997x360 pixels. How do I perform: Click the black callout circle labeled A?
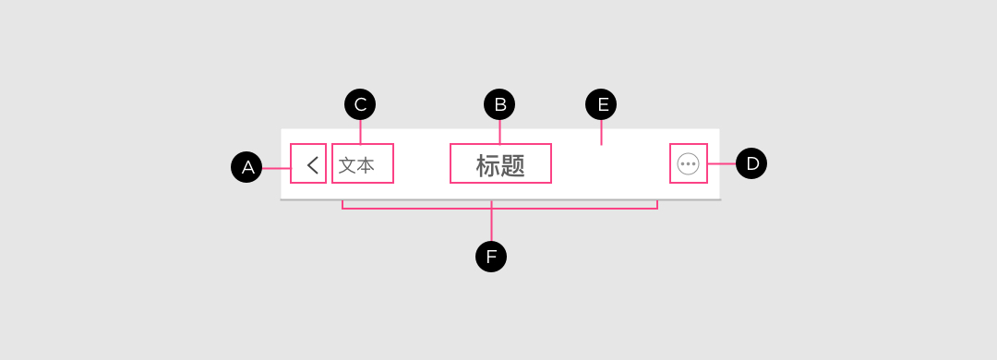click(x=246, y=167)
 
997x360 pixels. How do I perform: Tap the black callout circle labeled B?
click(x=499, y=104)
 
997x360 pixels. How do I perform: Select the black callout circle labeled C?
click(x=360, y=104)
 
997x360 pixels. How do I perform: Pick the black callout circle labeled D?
click(x=751, y=163)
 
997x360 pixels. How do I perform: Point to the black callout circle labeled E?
click(x=602, y=104)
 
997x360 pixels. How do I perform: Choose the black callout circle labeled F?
click(x=491, y=257)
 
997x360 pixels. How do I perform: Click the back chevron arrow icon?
click(x=312, y=165)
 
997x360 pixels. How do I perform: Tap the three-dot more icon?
click(x=688, y=164)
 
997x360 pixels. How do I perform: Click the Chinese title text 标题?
click(x=500, y=165)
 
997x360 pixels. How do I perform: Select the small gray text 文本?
click(x=356, y=165)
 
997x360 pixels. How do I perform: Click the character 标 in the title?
click(x=487, y=165)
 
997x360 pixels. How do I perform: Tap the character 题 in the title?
click(x=512, y=165)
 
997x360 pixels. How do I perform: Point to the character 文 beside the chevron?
click(x=347, y=165)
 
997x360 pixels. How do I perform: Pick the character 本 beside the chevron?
click(x=366, y=165)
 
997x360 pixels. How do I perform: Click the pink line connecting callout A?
click(x=277, y=169)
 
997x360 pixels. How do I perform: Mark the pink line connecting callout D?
click(x=722, y=163)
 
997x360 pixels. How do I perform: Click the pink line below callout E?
click(x=602, y=132)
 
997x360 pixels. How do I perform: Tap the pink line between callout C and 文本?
click(x=361, y=132)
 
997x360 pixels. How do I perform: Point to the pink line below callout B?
click(x=499, y=132)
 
